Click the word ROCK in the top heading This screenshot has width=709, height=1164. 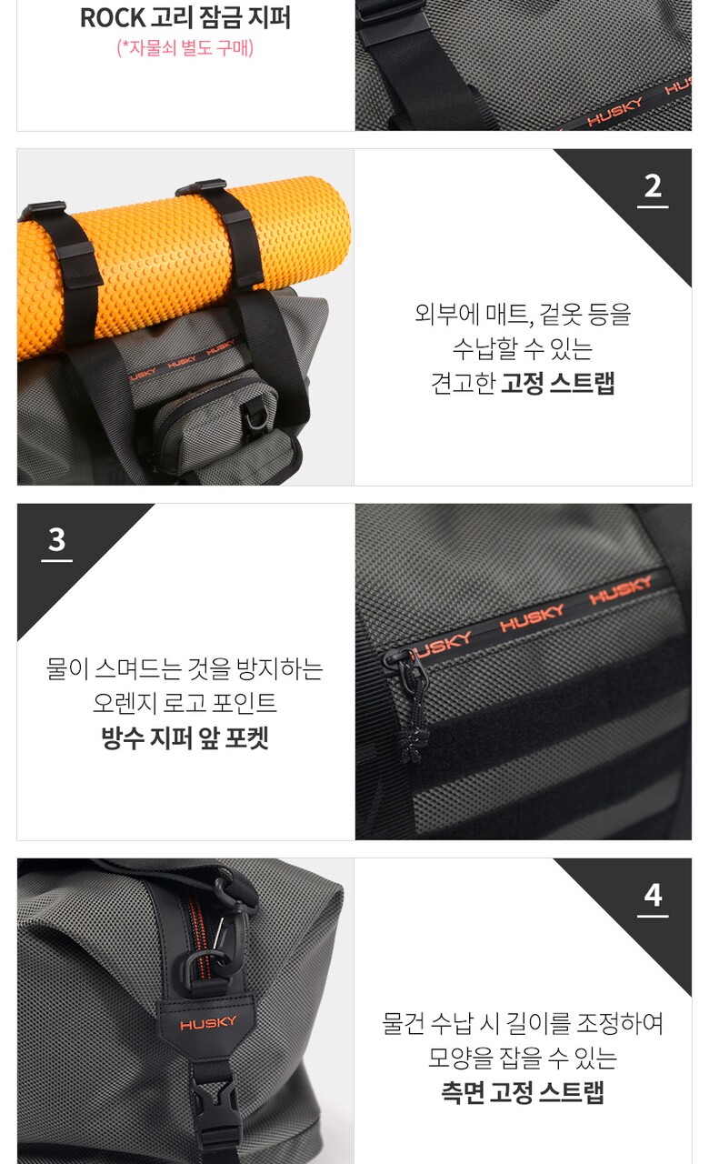[113, 18]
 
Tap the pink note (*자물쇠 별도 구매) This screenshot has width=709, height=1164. [185, 48]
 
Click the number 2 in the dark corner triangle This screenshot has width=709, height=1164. [653, 186]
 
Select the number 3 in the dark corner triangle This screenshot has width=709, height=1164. [56, 540]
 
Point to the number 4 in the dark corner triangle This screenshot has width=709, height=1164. [653, 895]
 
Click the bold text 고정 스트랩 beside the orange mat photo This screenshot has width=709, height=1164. [557, 383]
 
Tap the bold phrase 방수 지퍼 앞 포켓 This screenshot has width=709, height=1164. [185, 738]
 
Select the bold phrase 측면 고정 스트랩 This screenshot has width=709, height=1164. [523, 1092]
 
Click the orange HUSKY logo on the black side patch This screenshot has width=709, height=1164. [208, 1023]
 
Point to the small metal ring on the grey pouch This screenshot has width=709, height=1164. [256, 416]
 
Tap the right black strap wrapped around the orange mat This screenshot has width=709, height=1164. [228, 234]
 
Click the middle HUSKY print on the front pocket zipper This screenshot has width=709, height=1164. [532, 617]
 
